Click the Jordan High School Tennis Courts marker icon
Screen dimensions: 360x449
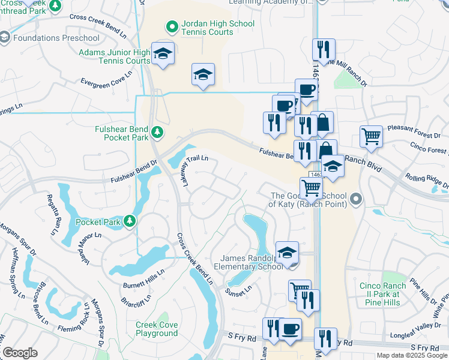[171, 26]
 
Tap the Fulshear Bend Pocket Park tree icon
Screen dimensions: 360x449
[157, 131]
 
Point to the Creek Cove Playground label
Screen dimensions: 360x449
[157, 329]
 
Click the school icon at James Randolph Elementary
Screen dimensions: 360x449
[288, 252]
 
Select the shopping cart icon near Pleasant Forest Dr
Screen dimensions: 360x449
[372, 136]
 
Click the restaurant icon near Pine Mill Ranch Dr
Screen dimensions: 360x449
[324, 50]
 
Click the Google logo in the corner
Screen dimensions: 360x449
[20, 353]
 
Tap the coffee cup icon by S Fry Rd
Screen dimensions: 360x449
[291, 329]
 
